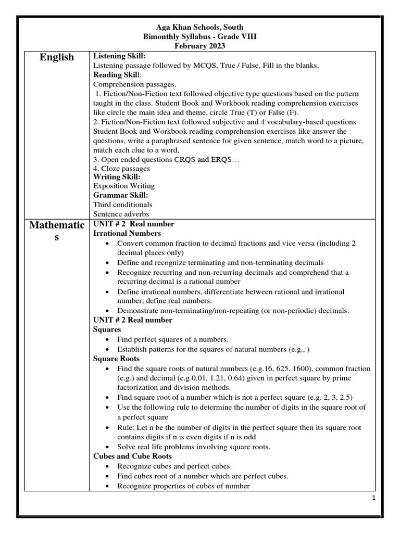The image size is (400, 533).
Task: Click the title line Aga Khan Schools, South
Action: pos(200,27)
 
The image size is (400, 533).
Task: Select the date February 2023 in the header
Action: pos(200,46)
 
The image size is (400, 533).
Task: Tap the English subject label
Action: pos(57,57)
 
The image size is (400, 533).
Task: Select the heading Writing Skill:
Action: pos(117,177)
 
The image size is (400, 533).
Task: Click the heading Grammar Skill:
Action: pos(120,195)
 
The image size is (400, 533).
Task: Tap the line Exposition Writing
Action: pos(124,186)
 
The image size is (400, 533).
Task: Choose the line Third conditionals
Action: pos(123,205)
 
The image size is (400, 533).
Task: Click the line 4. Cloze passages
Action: pos(121,169)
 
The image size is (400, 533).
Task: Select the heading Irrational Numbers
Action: pos(127,233)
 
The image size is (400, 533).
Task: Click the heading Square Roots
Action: pos(116,359)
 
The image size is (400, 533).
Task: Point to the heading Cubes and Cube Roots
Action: pos(132,456)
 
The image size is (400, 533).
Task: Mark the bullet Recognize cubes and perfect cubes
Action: pos(174,466)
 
